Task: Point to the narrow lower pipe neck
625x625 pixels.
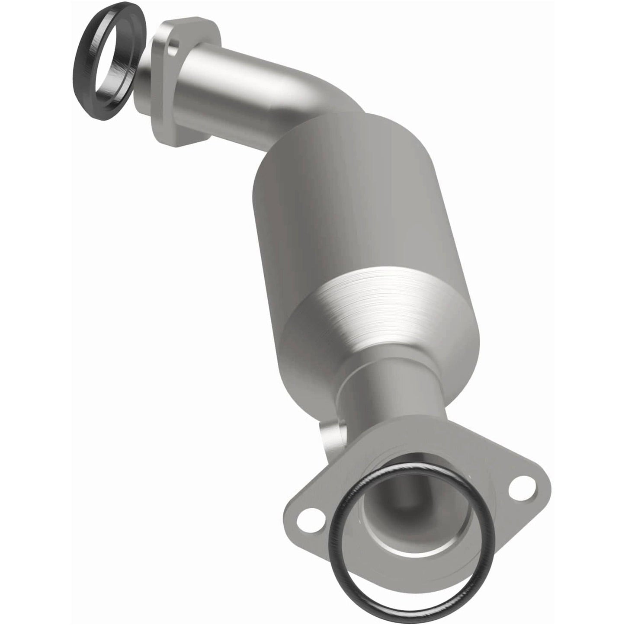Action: point(389,389)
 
